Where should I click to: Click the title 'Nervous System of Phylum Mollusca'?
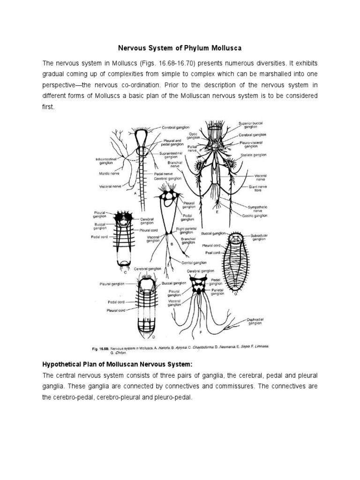(180, 47)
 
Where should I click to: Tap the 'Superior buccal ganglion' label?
(250, 124)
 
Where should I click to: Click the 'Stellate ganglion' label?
(253, 155)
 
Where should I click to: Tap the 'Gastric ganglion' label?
(255, 216)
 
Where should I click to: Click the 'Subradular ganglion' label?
(258, 237)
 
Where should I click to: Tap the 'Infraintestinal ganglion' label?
(106, 161)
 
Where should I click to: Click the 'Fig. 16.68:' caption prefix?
(100, 349)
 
